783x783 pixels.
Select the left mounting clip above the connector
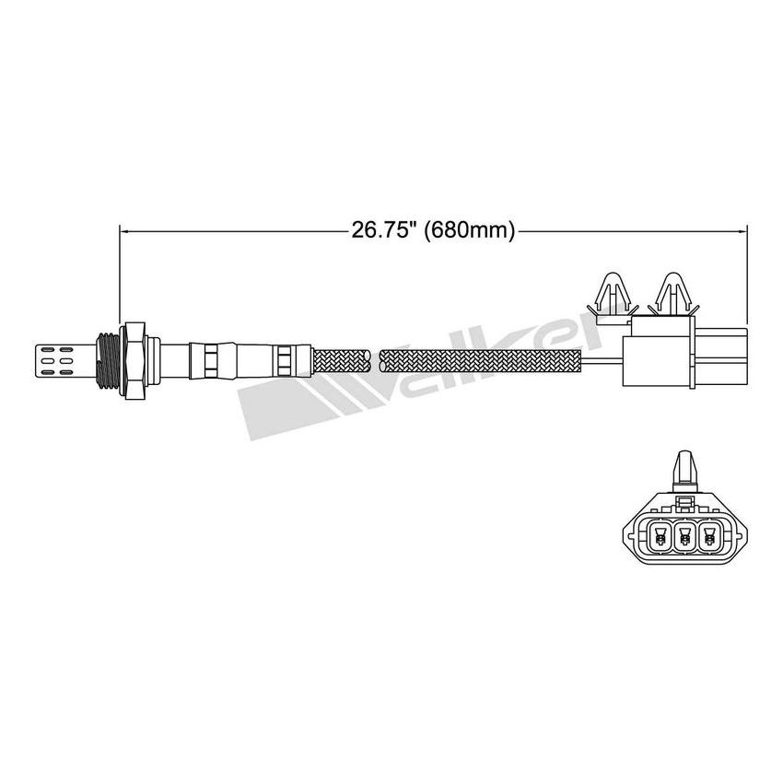(x=613, y=295)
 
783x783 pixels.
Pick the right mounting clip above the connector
(x=669, y=295)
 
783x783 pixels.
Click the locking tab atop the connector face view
(x=683, y=470)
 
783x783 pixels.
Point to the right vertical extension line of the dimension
(x=748, y=267)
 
